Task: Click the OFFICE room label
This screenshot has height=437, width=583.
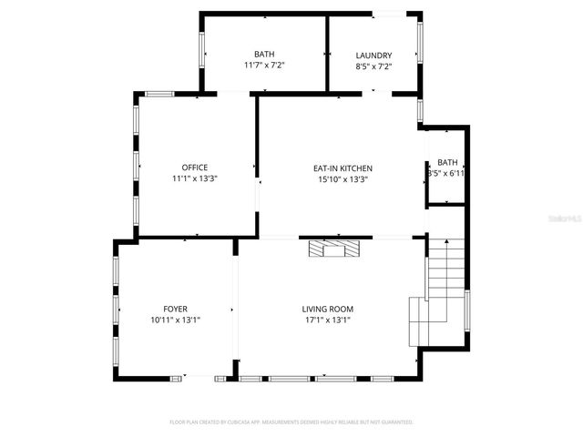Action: coord(194,168)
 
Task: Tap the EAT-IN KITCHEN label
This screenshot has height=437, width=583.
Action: coord(343,168)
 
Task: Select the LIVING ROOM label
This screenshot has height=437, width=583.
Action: coord(326,310)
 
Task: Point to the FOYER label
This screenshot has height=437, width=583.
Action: coord(175,310)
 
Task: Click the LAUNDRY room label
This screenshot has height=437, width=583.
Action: coord(373,55)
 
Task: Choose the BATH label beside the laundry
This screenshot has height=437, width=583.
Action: coord(264,55)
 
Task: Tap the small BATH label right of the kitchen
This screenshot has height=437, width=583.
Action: coord(447,162)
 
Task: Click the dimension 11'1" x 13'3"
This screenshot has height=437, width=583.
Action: coord(194,178)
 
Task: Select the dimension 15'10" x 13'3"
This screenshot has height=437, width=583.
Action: coord(343,179)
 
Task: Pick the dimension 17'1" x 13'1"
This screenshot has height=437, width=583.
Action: coord(326,320)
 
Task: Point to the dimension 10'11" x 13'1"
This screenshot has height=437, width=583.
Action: coord(175,320)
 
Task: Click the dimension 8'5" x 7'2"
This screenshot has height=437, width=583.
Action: coord(373,66)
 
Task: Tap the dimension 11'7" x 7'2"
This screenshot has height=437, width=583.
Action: coord(264,66)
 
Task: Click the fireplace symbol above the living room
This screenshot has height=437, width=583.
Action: coord(334,248)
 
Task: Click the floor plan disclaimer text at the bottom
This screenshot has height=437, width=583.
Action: coord(291,422)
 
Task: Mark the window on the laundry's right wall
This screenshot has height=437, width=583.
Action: coord(420,41)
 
